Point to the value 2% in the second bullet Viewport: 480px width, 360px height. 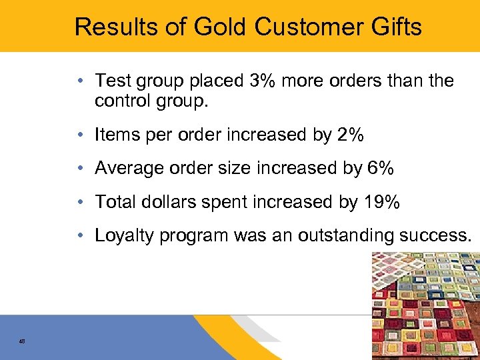[x=351, y=135]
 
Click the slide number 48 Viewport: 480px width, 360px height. [x=22, y=341]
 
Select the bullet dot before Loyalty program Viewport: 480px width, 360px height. [x=79, y=236]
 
